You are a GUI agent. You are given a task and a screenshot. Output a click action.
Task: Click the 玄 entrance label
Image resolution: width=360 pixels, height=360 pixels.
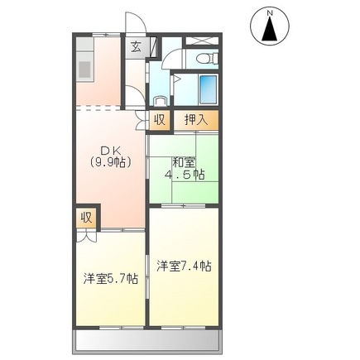click(134, 46)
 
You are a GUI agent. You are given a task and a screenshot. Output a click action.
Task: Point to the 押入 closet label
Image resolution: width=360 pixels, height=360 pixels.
click(196, 118)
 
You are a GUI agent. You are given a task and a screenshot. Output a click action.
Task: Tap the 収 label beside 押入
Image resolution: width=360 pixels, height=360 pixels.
click(160, 118)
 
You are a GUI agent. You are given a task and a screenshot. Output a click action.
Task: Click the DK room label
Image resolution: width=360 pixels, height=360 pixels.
click(112, 150)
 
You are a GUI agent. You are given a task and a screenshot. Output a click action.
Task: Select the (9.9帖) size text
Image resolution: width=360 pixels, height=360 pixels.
click(112, 162)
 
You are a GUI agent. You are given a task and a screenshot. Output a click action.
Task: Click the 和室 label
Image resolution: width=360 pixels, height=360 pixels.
click(183, 163)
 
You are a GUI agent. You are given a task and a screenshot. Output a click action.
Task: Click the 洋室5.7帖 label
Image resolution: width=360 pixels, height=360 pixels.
click(109, 277)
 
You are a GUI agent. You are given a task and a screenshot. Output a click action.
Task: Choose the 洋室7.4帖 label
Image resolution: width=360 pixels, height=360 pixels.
click(183, 266)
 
